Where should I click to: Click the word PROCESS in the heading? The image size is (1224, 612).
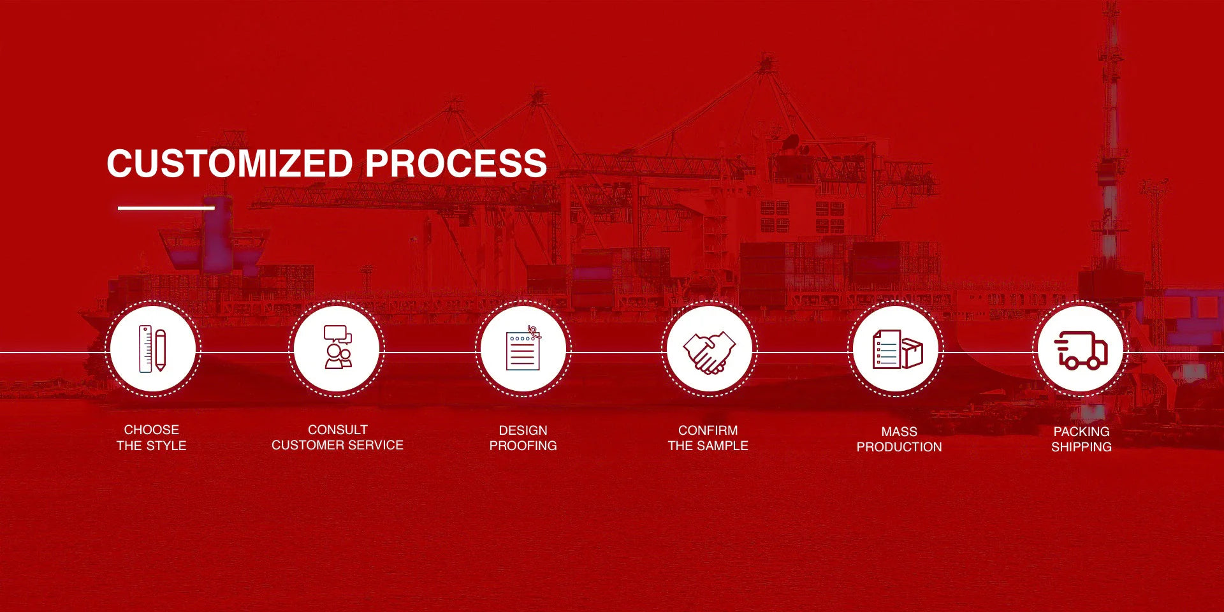tap(456, 163)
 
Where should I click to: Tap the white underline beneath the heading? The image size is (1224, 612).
tap(166, 208)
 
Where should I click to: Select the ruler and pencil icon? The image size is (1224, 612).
tap(152, 349)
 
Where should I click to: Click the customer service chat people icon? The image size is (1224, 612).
tap(338, 347)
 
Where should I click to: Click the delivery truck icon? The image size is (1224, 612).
tap(1081, 350)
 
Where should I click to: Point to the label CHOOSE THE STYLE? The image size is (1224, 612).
tap(152, 437)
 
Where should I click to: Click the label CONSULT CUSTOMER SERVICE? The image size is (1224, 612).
tap(337, 437)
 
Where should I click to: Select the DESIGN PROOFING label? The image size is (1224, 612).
tap(523, 438)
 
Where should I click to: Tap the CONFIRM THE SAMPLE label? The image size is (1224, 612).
tap(708, 438)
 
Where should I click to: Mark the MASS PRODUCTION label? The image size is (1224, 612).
tap(899, 439)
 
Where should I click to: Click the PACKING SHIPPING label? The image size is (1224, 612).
tap(1081, 439)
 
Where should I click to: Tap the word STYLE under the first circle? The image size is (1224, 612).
tap(166, 446)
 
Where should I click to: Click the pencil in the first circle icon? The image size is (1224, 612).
tap(160, 350)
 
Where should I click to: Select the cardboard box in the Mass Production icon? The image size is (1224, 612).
tap(912, 353)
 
